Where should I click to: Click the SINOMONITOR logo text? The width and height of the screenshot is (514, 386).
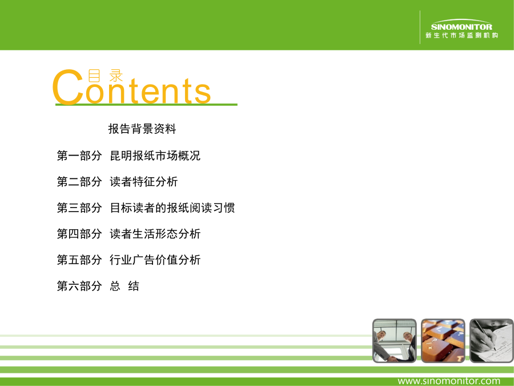(461, 26)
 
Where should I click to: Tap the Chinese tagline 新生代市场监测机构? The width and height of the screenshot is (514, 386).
(461, 35)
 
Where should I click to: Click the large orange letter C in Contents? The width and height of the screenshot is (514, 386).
(68, 87)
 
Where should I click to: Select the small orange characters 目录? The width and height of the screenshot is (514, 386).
(106, 75)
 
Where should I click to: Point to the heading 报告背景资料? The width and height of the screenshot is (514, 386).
(142, 129)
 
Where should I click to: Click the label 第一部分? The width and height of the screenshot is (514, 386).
(79, 156)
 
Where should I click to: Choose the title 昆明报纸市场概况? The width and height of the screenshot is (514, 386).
(155, 156)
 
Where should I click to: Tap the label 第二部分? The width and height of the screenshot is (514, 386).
(79, 181)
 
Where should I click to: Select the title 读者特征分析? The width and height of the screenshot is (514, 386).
(143, 181)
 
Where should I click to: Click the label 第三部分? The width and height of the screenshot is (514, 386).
(79, 208)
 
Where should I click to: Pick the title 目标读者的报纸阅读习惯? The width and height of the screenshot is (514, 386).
(172, 208)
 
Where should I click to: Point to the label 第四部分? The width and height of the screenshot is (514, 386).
(79, 234)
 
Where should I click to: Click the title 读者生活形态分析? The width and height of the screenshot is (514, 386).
(155, 234)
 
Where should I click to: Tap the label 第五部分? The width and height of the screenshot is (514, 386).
(79, 260)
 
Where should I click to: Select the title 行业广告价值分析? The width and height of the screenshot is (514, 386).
(155, 260)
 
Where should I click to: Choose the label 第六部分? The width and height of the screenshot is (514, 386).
(79, 286)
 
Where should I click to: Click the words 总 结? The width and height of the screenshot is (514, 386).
(125, 286)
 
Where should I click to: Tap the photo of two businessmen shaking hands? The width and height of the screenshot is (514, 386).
(395, 341)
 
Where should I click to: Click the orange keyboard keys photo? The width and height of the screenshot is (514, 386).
(443, 341)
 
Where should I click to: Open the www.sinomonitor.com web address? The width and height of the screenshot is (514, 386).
(449, 381)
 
